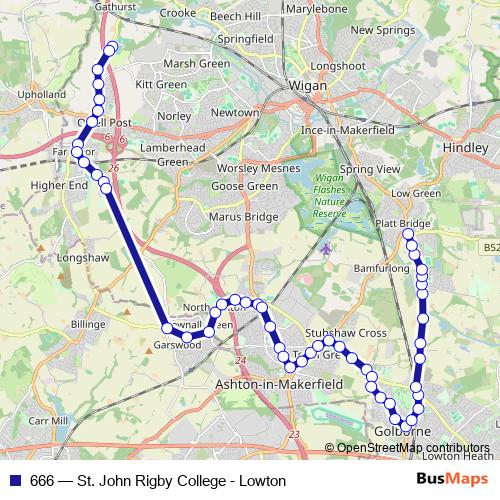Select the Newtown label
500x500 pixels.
click(234, 113)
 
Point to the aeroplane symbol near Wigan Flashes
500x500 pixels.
click(326, 247)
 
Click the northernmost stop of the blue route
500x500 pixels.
click(110, 47)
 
